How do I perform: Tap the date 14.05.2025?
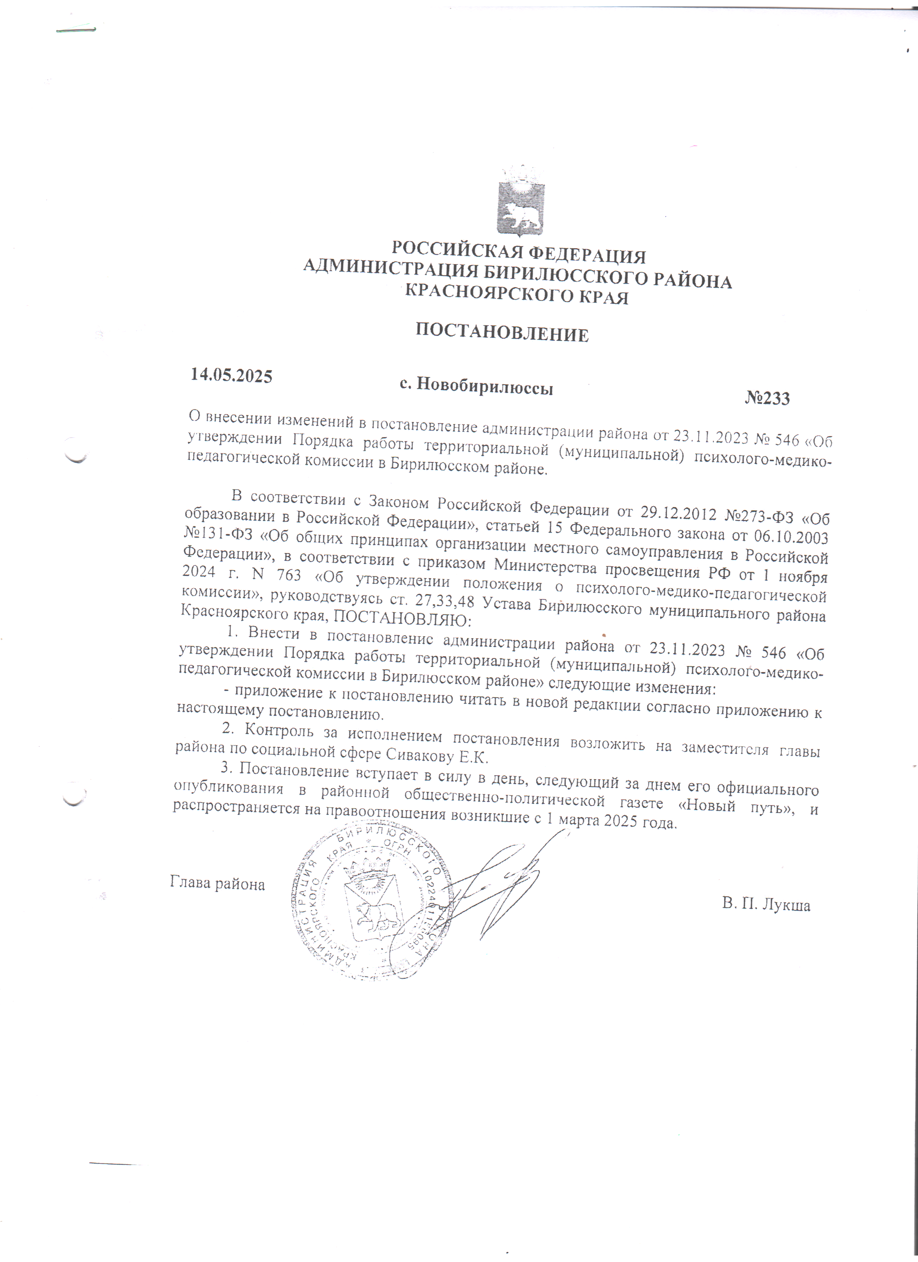click(x=231, y=375)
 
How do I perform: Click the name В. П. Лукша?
click(x=766, y=904)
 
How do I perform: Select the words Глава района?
click(x=217, y=884)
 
